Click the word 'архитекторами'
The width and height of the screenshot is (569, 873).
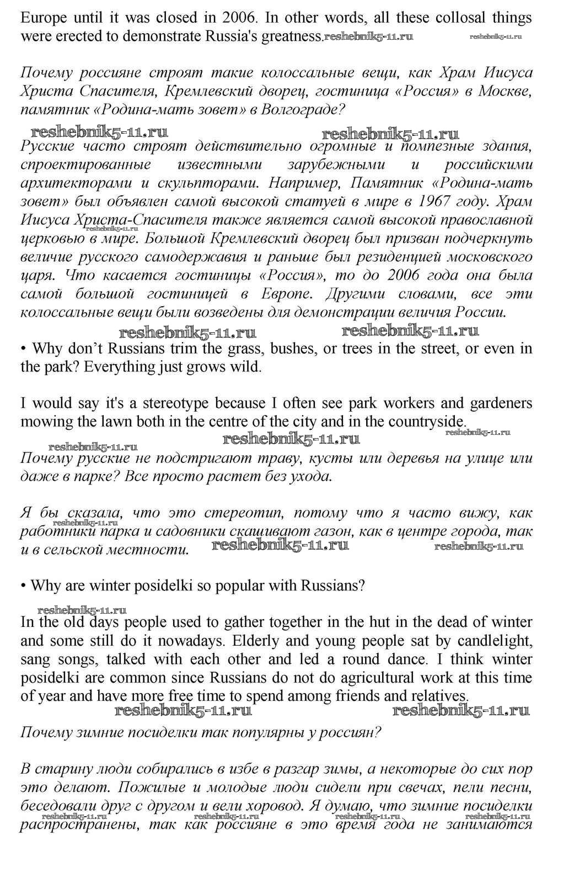coord(62,183)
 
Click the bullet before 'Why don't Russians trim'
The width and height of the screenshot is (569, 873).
coord(24,349)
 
